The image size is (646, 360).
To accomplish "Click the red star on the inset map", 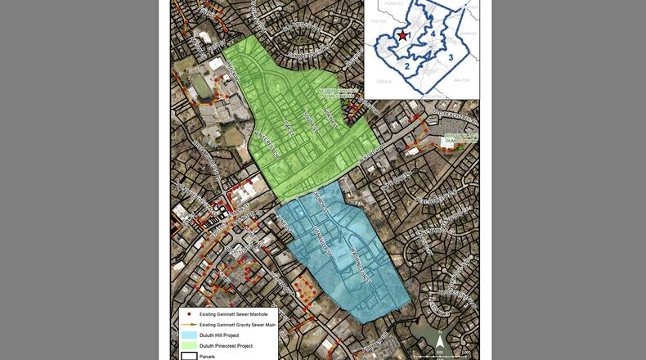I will [x=402, y=37].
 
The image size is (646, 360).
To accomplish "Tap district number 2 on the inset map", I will [x=406, y=65].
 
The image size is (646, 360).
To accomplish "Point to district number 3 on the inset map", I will [x=451, y=57].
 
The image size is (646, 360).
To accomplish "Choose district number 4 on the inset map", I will [x=434, y=34].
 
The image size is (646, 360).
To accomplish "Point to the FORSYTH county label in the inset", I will [x=395, y=3].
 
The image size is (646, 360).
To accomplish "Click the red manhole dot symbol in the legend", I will [x=189, y=314].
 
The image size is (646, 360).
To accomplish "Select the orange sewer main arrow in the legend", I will [x=189, y=325].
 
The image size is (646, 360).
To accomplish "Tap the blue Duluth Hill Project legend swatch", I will [x=189, y=335].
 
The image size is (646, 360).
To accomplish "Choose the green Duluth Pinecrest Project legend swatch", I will [x=189, y=346].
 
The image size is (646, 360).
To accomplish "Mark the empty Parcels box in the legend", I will [x=189, y=356].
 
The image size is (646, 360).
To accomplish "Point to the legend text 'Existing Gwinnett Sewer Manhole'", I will [x=233, y=314].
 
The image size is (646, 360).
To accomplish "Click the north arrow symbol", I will [x=439, y=341].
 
